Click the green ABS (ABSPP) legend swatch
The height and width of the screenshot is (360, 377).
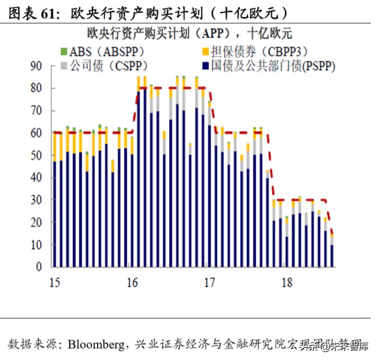click(x=64, y=52)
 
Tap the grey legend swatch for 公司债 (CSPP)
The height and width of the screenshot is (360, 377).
click(x=64, y=66)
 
